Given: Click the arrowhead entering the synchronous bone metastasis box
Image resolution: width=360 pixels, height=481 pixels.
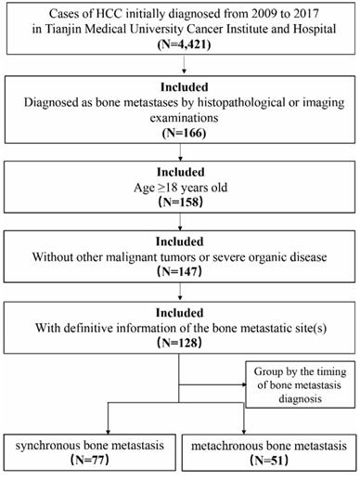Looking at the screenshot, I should click(x=89, y=427).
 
